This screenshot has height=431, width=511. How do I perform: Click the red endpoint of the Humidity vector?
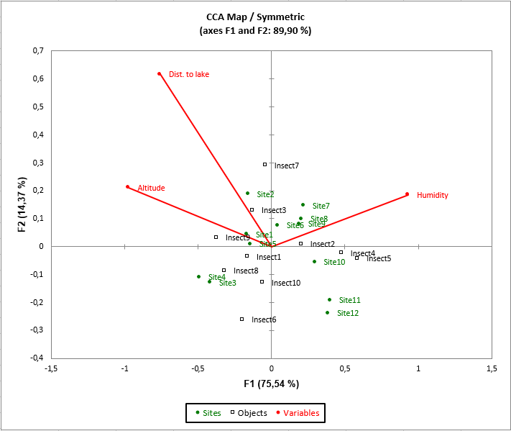407,194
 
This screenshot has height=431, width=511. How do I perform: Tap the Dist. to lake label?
188,74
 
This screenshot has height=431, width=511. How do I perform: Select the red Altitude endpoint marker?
127,187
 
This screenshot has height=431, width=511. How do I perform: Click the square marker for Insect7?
264,164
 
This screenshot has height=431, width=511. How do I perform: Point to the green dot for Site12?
327,312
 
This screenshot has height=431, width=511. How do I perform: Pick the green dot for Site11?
329,299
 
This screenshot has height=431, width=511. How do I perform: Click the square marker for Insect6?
241,319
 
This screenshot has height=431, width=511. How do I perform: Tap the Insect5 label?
379,258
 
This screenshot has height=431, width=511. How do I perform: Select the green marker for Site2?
247,193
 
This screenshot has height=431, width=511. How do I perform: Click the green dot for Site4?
198,276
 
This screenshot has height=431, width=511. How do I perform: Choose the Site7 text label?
321,206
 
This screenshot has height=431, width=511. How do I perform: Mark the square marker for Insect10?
262,281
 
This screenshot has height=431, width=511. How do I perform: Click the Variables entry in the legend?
301,413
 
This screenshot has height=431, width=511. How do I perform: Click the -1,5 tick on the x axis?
51,368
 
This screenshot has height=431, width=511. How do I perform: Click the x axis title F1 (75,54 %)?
271,384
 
